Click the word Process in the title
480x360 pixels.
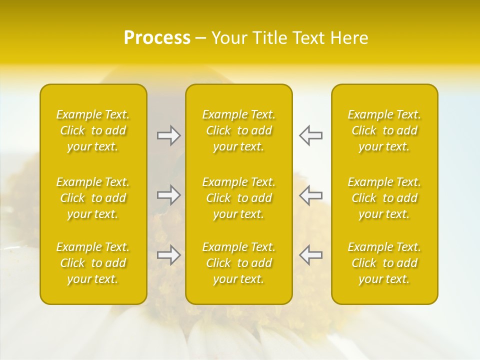coord(157,38)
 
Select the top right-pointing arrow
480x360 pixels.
coord(169,135)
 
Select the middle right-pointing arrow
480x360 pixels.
coord(169,195)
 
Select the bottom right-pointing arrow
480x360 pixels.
coord(169,255)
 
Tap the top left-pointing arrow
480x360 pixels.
coord(310,135)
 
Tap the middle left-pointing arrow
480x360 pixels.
coord(310,195)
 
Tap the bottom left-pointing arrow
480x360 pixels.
coord(310,255)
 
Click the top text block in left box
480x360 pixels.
coord(93,130)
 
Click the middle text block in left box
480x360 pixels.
coord(93,198)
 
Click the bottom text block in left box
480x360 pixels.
coord(93,263)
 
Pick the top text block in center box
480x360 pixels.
coord(239,130)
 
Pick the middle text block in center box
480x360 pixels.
coord(239,198)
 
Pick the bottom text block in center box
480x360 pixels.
coord(239,263)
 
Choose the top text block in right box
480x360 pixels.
coord(384,130)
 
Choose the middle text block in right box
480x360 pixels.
coord(384,198)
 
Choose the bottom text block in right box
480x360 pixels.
coord(384,263)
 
